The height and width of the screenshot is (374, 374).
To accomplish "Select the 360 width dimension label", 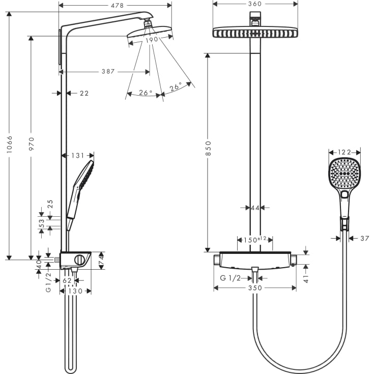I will click(255, 4).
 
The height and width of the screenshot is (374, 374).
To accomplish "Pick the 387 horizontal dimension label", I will click(108, 72).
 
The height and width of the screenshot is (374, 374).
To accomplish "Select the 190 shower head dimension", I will click(150, 40).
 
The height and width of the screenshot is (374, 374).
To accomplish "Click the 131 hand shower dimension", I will click(78, 155).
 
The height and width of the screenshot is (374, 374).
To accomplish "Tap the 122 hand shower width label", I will click(344, 152).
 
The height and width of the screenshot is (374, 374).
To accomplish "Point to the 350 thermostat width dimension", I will click(255, 288).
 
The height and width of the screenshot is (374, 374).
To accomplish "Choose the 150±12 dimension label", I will click(255, 239).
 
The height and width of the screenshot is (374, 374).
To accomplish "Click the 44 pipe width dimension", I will click(254, 208).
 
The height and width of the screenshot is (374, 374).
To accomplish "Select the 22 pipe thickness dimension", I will click(84, 93).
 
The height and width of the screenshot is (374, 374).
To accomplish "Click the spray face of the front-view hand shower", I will click(344, 174).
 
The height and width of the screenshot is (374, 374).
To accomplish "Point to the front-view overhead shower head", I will click(255, 33).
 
